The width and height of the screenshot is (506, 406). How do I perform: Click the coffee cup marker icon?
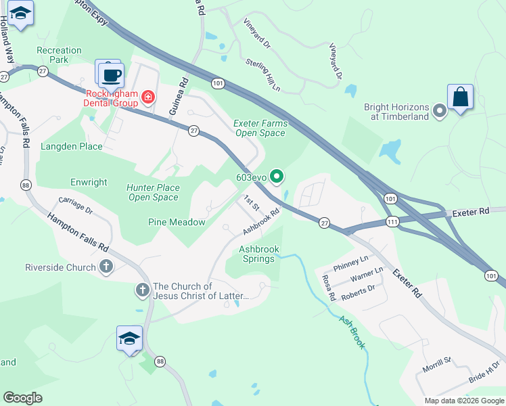[112, 74]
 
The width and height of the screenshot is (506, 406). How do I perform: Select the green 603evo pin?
[277, 177]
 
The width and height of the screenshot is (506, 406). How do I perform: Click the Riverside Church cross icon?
[106, 267]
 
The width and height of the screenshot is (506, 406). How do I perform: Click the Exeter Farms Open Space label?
[260, 128]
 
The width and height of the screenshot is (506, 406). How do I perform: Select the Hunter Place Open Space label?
[153, 192]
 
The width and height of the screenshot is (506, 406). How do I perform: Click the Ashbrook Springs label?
[259, 254]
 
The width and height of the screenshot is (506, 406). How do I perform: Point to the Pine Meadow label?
[177, 222]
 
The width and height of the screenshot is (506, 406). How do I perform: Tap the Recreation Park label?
[59, 55]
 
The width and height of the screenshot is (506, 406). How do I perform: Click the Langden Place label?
[72, 146]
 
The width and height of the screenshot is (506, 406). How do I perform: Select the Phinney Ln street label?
[354, 259]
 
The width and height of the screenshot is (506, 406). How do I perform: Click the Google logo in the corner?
[22, 398]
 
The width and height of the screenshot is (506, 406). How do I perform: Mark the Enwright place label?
[89, 183]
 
